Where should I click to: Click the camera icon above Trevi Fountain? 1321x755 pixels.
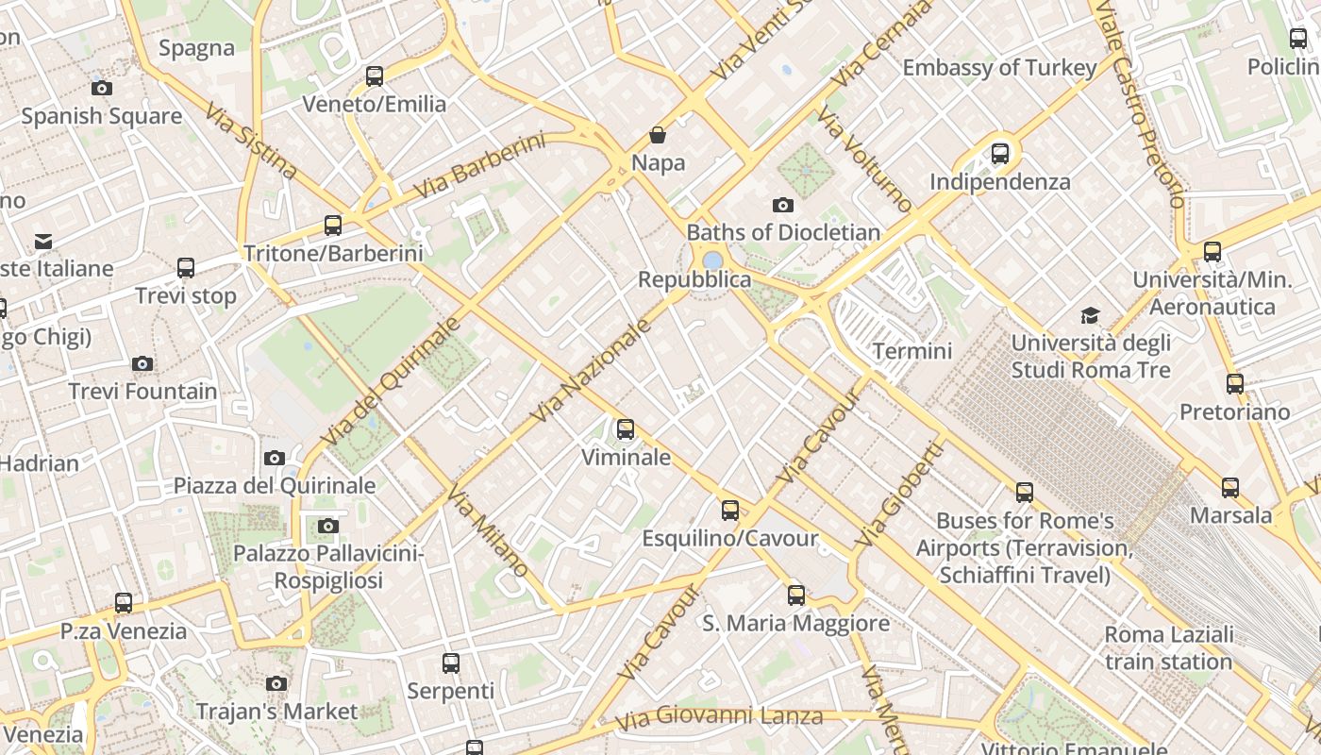point(142,363)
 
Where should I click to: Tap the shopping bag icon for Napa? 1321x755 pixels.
point(658,136)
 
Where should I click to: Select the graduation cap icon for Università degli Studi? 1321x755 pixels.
point(1091,315)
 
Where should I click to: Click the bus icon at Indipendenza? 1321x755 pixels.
point(1000,153)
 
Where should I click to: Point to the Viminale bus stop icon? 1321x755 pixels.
point(626,430)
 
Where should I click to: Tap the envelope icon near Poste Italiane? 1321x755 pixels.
point(43,242)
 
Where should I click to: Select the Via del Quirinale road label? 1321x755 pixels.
point(390,381)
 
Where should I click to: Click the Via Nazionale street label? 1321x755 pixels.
point(592,371)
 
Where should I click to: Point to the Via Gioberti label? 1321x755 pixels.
point(898,494)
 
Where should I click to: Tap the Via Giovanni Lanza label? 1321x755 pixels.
point(718,718)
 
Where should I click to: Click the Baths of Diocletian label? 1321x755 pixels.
point(783,232)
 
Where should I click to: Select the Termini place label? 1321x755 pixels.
point(911,351)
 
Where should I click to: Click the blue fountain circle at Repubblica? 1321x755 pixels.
point(712,260)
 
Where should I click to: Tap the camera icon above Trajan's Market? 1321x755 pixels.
point(276,683)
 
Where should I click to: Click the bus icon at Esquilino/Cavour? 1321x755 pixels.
point(730,511)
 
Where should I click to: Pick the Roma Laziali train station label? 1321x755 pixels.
point(1168,647)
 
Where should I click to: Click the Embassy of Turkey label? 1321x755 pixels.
point(999,68)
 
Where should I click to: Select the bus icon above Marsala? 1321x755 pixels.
point(1230,488)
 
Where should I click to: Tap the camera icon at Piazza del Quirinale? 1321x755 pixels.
point(275,458)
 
